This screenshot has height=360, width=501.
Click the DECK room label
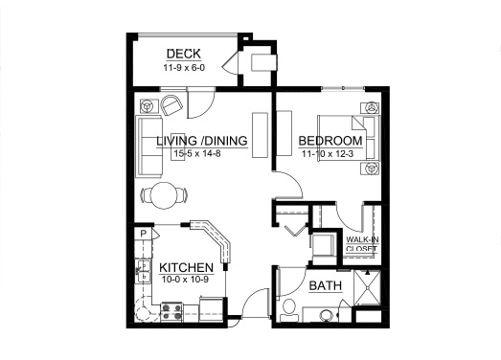point(184,54)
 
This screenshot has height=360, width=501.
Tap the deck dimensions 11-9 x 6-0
point(184,68)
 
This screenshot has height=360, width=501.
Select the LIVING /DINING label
point(202,141)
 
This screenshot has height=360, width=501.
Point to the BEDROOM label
point(330,141)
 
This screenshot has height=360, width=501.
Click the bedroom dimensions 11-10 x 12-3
point(328,154)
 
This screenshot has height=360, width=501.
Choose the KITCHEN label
point(186,268)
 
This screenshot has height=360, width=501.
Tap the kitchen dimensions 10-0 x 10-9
point(185,280)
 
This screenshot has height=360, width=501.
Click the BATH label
point(326,285)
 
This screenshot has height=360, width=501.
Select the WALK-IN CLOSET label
point(362,244)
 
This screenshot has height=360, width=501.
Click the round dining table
point(164,195)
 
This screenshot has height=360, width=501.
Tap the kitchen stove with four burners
point(171,312)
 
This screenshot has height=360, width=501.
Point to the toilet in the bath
point(289,310)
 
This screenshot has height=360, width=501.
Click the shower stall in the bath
point(368,288)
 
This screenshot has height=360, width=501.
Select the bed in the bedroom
point(349,138)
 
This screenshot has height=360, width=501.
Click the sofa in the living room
point(149,146)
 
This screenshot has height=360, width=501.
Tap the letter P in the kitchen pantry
point(144,234)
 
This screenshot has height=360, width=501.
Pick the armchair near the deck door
point(171,104)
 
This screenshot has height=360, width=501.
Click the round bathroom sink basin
point(327,315)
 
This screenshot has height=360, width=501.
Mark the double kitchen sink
point(144,271)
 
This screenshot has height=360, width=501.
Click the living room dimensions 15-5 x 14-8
point(197,154)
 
